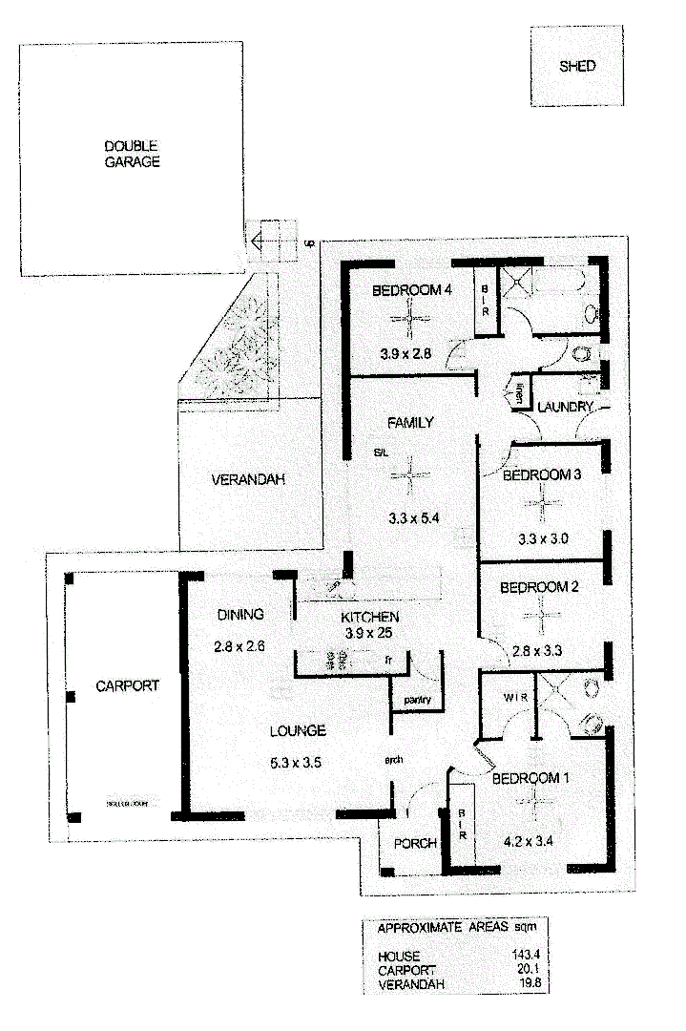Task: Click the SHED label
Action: [578, 66]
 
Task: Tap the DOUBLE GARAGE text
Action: [132, 154]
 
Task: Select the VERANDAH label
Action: [248, 480]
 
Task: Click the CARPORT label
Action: [127, 685]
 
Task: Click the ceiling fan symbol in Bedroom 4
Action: [410, 320]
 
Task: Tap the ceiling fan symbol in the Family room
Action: [410, 474]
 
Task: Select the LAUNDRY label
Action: [565, 407]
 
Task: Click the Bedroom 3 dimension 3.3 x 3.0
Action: [541, 538]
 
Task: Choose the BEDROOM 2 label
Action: [539, 587]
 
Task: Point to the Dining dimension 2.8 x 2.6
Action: [239, 645]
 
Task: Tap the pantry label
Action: [417, 700]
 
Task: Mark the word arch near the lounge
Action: [393, 760]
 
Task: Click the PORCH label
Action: [415, 843]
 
